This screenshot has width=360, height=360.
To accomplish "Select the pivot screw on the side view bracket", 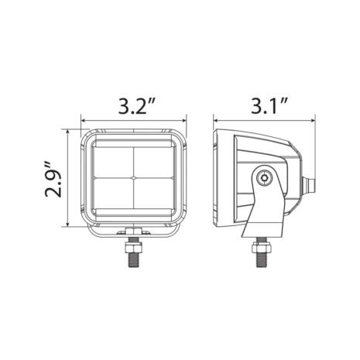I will pos(266,178).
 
